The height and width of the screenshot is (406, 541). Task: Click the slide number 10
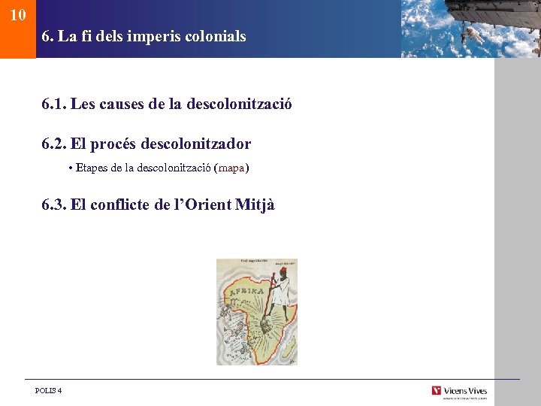(19, 14)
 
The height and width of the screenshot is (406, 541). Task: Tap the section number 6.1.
(53, 104)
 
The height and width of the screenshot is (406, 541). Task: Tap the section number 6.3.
(53, 205)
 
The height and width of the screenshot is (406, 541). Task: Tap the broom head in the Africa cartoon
(265, 325)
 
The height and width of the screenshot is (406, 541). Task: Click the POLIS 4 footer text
(49, 390)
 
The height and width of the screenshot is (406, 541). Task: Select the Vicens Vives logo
(459, 391)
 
